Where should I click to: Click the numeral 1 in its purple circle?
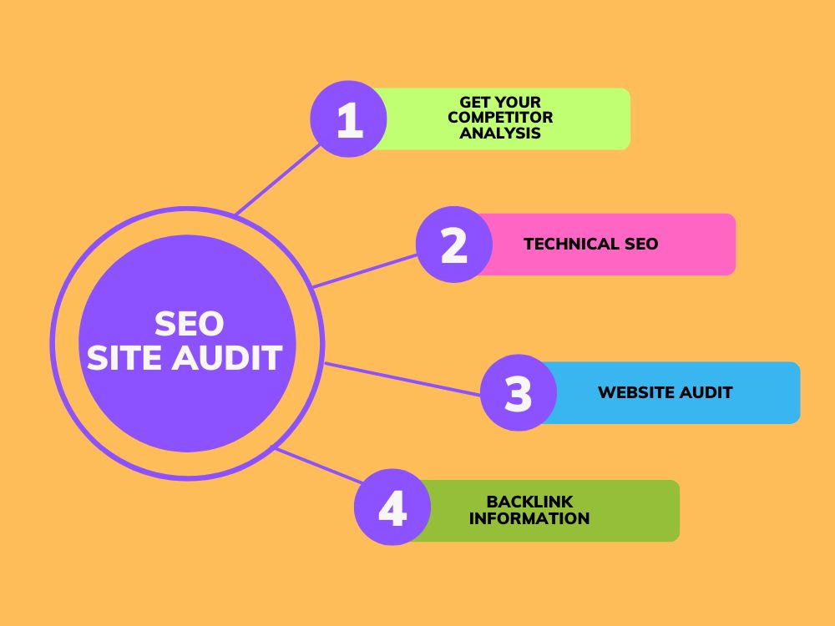click(x=350, y=119)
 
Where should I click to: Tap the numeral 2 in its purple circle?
click(x=454, y=245)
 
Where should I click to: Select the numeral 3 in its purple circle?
click(x=519, y=393)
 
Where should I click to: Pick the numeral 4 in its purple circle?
click(x=393, y=508)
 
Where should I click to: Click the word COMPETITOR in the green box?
click(x=500, y=117)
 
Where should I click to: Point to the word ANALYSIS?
click(x=500, y=133)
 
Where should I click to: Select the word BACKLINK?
click(x=530, y=502)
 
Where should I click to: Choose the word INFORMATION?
click(x=529, y=518)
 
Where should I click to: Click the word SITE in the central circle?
click(x=124, y=357)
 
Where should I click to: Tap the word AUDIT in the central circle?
click(x=226, y=357)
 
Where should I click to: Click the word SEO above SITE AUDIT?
click(x=189, y=324)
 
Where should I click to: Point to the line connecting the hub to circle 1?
click(x=278, y=179)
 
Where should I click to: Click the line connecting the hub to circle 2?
click(x=366, y=271)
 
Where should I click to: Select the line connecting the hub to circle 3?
click(x=402, y=379)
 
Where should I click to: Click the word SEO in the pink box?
click(x=641, y=244)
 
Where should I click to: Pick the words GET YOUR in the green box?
click(x=500, y=102)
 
